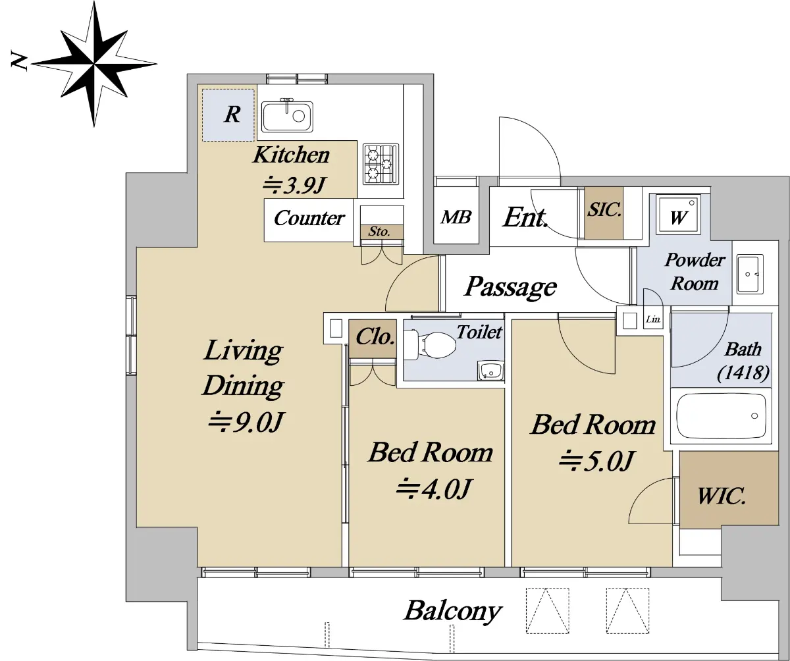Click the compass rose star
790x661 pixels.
[94, 64]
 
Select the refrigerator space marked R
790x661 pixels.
[228, 115]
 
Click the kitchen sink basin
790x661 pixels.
[287, 117]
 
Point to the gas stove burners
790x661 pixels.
[381, 164]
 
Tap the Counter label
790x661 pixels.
[309, 219]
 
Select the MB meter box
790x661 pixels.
[456, 217]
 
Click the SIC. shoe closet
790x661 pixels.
[604, 213]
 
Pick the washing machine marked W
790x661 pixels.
[678, 213]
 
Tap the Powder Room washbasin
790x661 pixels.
[750, 274]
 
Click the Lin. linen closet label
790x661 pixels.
[653, 319]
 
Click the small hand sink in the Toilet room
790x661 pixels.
[490, 371]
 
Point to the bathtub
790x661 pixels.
[721, 415]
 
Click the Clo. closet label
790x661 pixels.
[375, 336]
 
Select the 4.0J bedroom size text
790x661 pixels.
[434, 489]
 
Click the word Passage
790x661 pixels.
[511, 286]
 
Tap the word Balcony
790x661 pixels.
[452, 611]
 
